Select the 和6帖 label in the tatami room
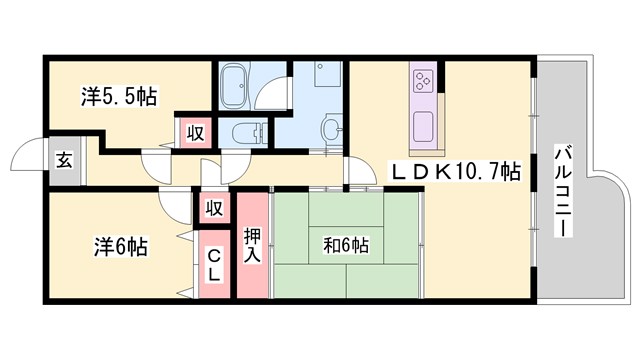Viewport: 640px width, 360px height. pos(345,243)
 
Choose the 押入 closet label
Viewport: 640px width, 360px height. pos(252,246)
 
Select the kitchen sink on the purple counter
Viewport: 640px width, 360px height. pos(421,126)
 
